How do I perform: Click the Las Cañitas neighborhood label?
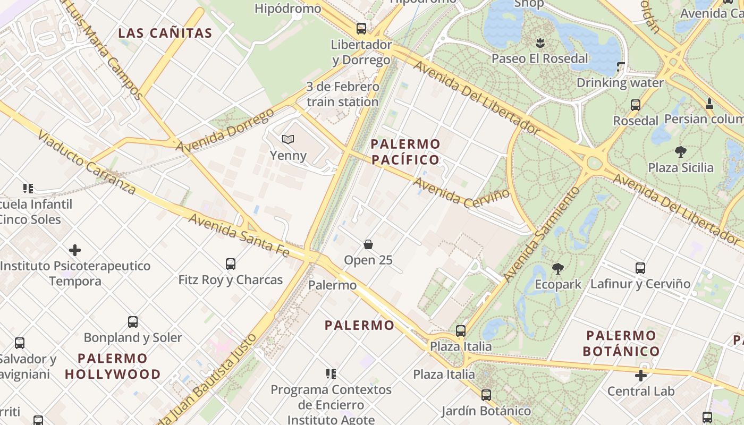click(x=165, y=33)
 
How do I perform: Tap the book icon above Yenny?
click(x=288, y=140)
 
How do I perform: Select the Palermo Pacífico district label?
click(x=405, y=151)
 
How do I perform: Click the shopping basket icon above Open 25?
click(x=368, y=244)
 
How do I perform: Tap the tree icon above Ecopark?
click(x=557, y=269)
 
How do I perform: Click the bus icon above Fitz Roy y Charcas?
click(x=230, y=263)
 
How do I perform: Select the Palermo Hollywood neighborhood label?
click(x=113, y=366)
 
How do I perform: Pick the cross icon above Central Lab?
click(x=641, y=376)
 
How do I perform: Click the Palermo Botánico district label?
click(x=621, y=343)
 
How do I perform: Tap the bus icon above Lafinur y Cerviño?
click(x=640, y=268)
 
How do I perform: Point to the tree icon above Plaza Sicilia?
click(x=680, y=152)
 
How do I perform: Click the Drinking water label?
click(x=620, y=83)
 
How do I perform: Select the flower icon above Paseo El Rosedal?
click(x=540, y=42)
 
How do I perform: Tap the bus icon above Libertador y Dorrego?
click(x=361, y=28)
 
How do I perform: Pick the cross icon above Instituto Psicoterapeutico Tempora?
click(x=75, y=250)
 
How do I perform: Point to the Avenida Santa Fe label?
click(x=239, y=234)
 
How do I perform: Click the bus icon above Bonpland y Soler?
click(x=133, y=321)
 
